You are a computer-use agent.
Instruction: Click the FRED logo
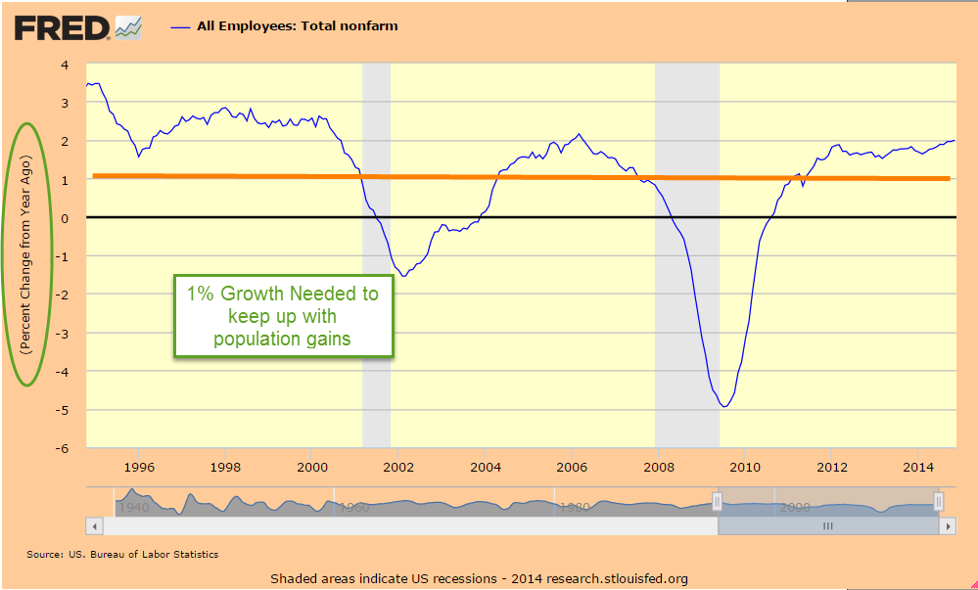coord(61,27)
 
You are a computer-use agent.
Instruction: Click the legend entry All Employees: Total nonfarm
coord(297,26)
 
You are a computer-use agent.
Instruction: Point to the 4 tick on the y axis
coord(65,65)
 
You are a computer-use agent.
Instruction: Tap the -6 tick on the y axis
coord(62,448)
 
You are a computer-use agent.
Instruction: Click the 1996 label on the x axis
coord(139,466)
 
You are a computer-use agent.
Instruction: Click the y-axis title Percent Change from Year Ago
coord(28,254)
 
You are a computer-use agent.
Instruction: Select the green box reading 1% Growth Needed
coord(284,316)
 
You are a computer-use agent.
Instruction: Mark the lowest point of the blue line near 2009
coord(723,406)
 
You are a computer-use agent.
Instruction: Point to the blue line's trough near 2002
coord(403,276)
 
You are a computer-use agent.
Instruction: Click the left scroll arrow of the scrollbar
coord(95,526)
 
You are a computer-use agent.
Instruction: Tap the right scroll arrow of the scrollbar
coord(947,526)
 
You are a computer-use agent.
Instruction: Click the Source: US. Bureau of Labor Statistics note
coord(122,555)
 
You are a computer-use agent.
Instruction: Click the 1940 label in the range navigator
coord(133,508)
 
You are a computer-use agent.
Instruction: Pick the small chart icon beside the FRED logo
coord(128,27)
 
